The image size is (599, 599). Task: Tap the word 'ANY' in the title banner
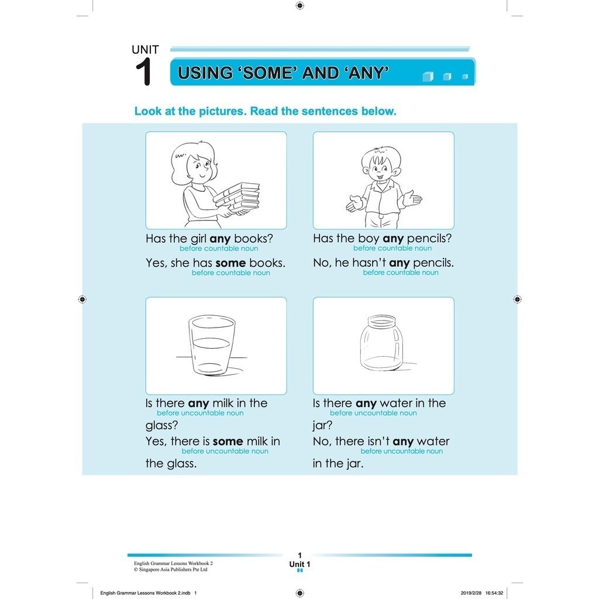click(x=366, y=73)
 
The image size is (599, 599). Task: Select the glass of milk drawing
click(x=212, y=346)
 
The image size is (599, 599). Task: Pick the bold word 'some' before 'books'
click(x=230, y=263)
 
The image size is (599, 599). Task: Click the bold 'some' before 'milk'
click(x=228, y=442)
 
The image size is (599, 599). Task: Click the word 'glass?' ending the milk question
click(x=161, y=425)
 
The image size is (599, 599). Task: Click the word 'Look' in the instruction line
click(x=148, y=111)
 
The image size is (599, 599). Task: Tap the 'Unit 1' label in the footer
click(x=299, y=564)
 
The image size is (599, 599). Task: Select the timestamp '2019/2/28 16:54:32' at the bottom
click(x=482, y=593)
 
